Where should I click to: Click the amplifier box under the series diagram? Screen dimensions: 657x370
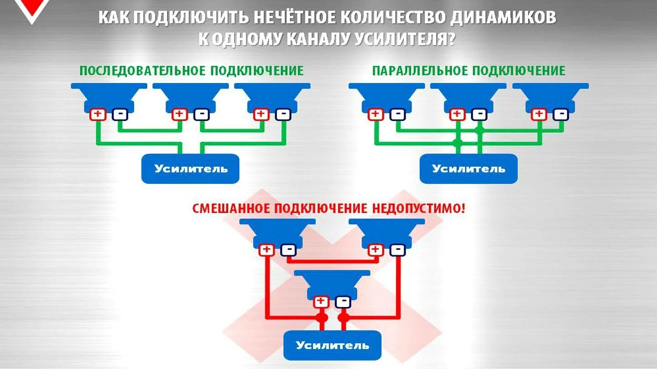pyautogui.click(x=190, y=169)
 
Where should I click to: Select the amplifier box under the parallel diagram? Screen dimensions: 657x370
pyautogui.click(x=469, y=169)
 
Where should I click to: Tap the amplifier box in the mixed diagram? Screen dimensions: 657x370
pyautogui.click(x=332, y=345)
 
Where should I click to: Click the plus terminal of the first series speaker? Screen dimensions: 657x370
pyautogui.click(x=98, y=114)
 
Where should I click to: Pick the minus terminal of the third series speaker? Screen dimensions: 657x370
pyautogui.click(x=283, y=114)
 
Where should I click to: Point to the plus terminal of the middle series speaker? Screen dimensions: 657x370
pyautogui.click(x=180, y=114)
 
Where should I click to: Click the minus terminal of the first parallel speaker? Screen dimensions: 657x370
pyautogui.click(x=397, y=114)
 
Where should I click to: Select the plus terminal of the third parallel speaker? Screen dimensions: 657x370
pyautogui.click(x=539, y=114)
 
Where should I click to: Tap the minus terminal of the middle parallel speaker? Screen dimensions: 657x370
pyautogui.click(x=479, y=114)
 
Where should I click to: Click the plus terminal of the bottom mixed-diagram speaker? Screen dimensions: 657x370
pyautogui.click(x=321, y=301)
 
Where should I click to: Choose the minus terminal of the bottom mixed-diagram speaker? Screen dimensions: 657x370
pyautogui.click(x=343, y=301)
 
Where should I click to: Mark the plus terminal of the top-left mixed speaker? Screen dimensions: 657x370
pyautogui.click(x=266, y=250)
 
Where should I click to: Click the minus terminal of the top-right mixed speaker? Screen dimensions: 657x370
pyautogui.click(x=397, y=250)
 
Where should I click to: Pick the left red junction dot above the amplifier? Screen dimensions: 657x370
pyautogui.click(x=322, y=317)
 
